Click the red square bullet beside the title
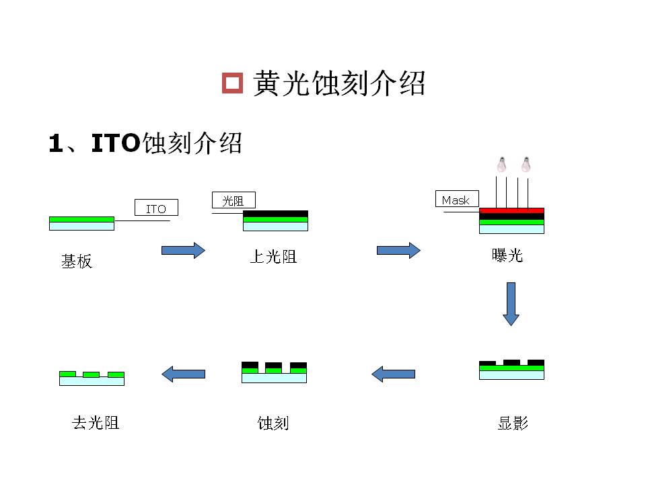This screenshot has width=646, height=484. (232, 83)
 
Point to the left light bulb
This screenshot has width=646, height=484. (501, 164)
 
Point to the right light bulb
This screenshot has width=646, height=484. (526, 164)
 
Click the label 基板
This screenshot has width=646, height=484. (77, 261)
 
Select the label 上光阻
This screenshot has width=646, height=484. (274, 256)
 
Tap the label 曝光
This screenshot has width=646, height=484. (507, 255)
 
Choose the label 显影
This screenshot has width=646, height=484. (513, 423)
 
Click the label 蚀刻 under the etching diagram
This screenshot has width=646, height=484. (273, 423)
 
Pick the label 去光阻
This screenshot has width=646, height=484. (96, 423)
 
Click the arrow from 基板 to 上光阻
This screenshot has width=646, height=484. (183, 250)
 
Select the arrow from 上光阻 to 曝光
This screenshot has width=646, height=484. (398, 250)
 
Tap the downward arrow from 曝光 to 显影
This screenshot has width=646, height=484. (511, 304)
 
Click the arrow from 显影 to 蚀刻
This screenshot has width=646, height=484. (393, 374)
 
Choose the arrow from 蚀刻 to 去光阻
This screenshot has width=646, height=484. (183, 374)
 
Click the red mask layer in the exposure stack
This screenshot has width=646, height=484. (511, 210)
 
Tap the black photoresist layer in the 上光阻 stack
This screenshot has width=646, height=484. (276, 214)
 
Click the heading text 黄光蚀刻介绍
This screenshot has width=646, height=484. (338, 83)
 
